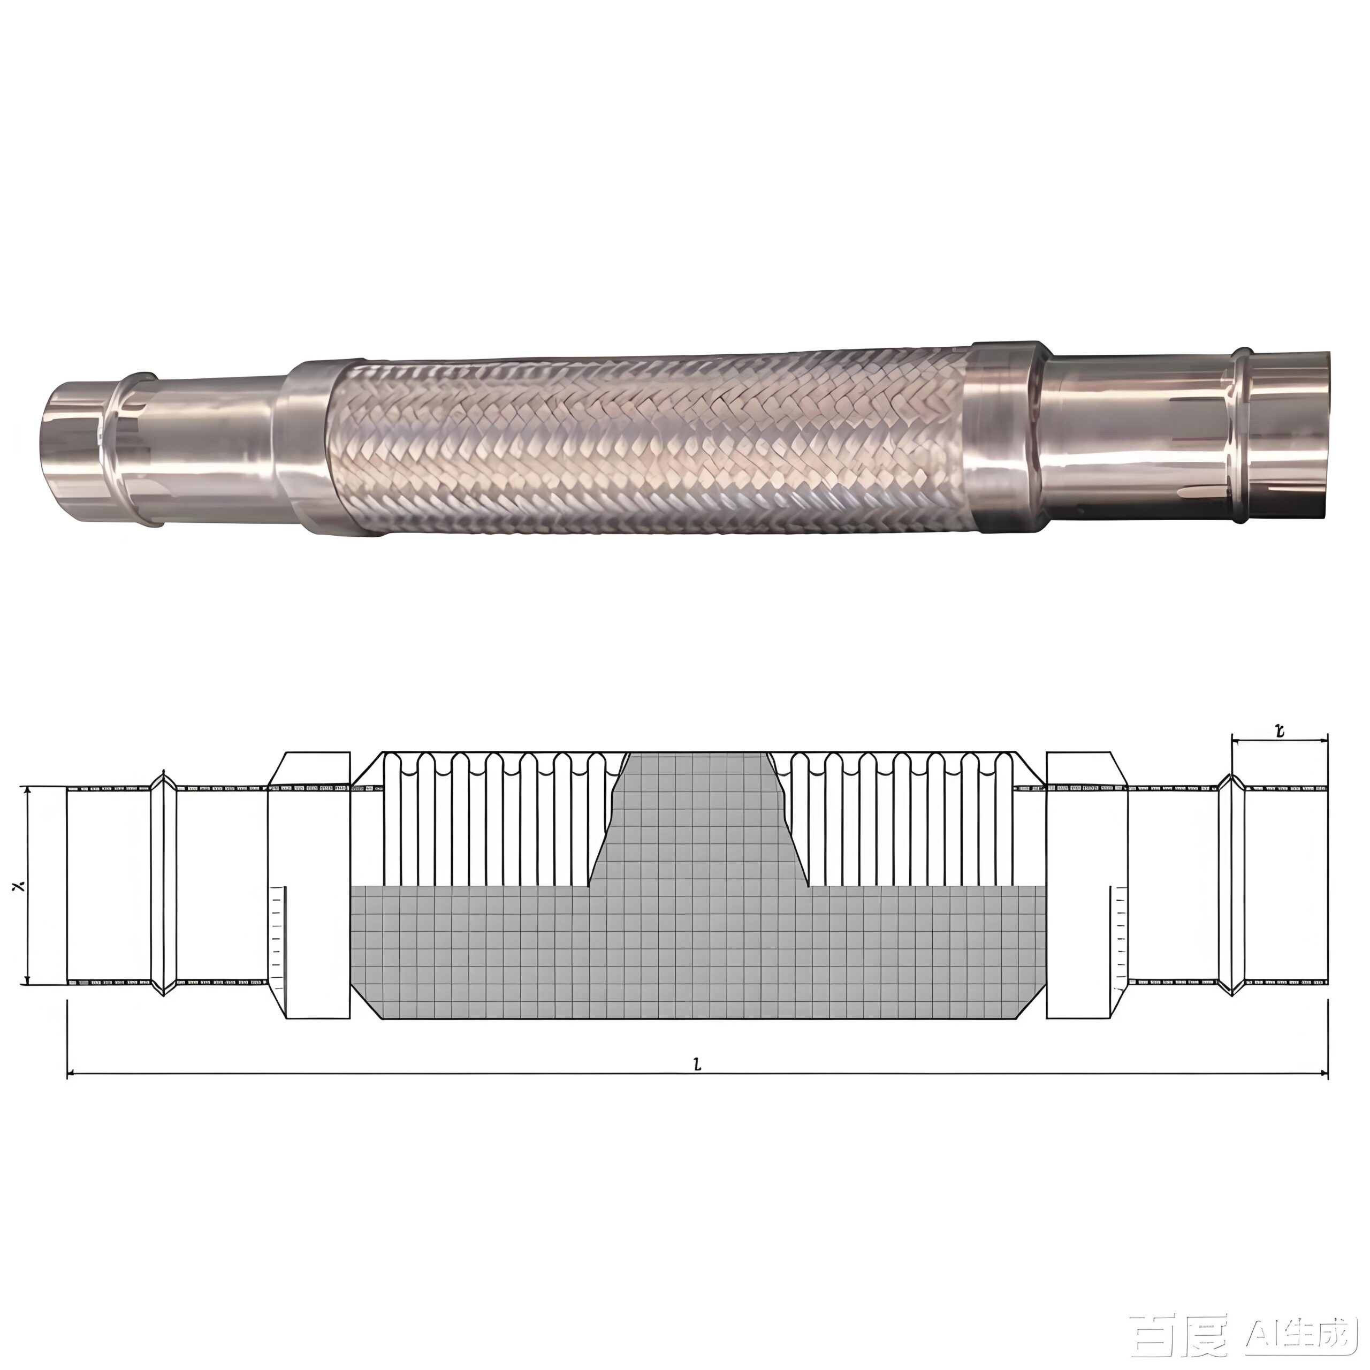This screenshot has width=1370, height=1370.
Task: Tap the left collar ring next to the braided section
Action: pyautogui.click(x=306, y=447)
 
